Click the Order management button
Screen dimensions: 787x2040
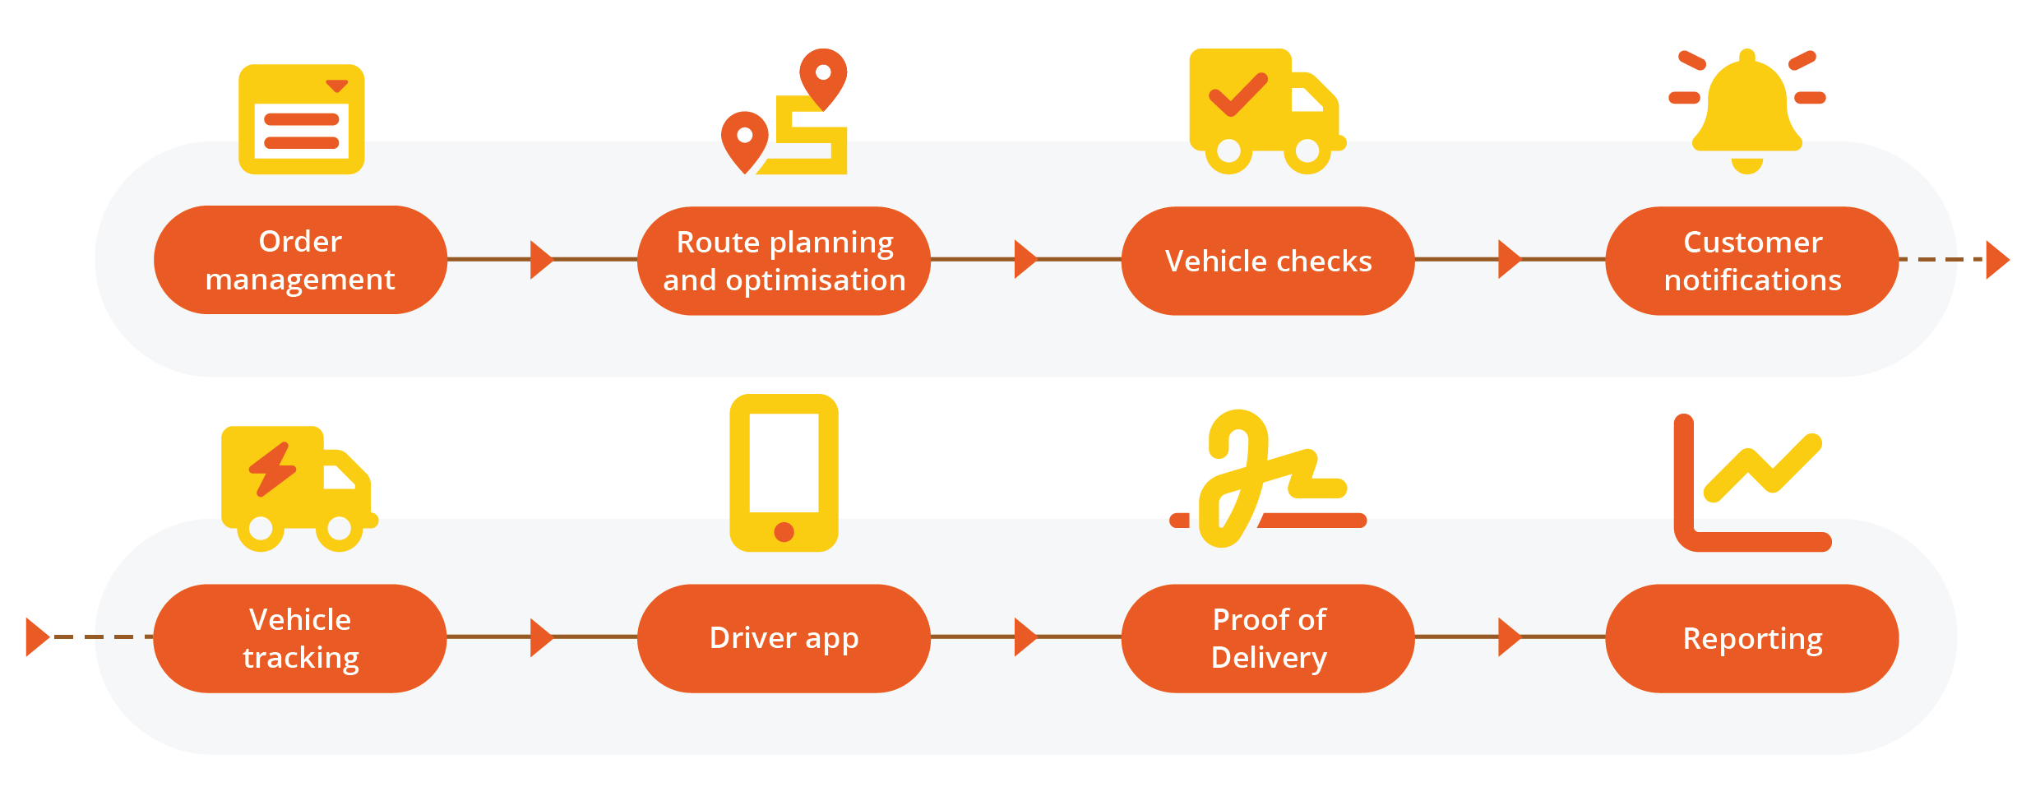coord(300,260)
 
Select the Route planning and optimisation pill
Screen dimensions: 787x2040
coord(784,261)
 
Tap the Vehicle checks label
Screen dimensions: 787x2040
coord(1268,261)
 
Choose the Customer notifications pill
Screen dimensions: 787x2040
coord(1751,261)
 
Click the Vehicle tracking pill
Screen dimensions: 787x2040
coord(300,638)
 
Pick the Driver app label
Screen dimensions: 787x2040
coord(784,638)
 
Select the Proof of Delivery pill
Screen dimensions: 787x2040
coord(1268,638)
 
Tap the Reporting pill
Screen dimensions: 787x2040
coord(1751,638)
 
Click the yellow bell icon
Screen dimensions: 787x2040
coord(1746,111)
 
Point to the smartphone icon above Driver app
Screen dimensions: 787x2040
coord(784,472)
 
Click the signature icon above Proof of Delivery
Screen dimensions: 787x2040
coord(1266,480)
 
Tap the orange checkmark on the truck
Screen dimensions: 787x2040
coord(1237,95)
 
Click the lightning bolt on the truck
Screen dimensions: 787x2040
coord(272,470)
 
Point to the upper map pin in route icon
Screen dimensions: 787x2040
coord(823,76)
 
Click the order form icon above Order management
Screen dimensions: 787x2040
coord(301,119)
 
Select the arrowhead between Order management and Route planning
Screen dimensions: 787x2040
coord(541,260)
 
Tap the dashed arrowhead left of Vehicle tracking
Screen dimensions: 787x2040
coord(37,637)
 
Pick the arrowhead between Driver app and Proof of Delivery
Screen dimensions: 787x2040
coord(1025,637)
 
